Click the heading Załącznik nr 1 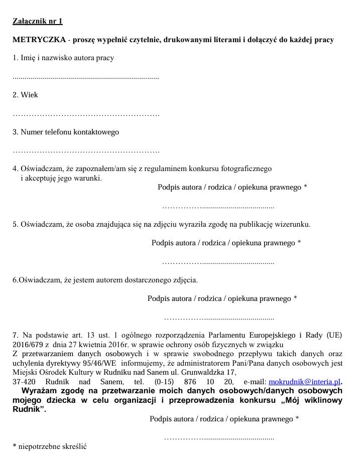(38, 21)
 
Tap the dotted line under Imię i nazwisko (85, 78)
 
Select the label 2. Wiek (25, 95)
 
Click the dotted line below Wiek (85, 114)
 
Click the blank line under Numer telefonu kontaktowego (85, 151)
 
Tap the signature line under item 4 (218, 206)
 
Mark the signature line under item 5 (218, 262)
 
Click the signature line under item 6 (219, 318)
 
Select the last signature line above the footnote (219, 437)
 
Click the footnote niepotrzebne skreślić (52, 446)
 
